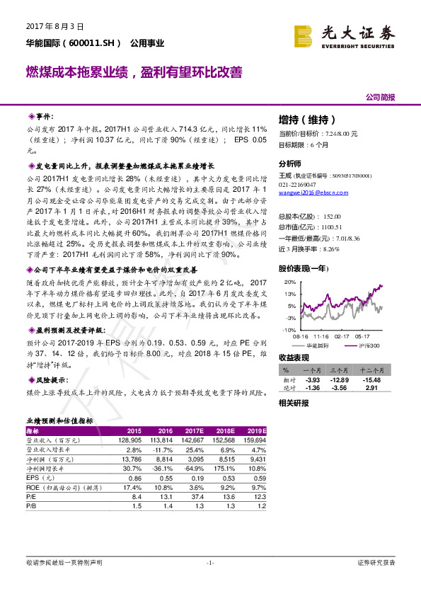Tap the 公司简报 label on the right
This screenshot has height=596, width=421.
380,97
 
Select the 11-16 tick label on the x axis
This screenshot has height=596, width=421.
322,336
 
